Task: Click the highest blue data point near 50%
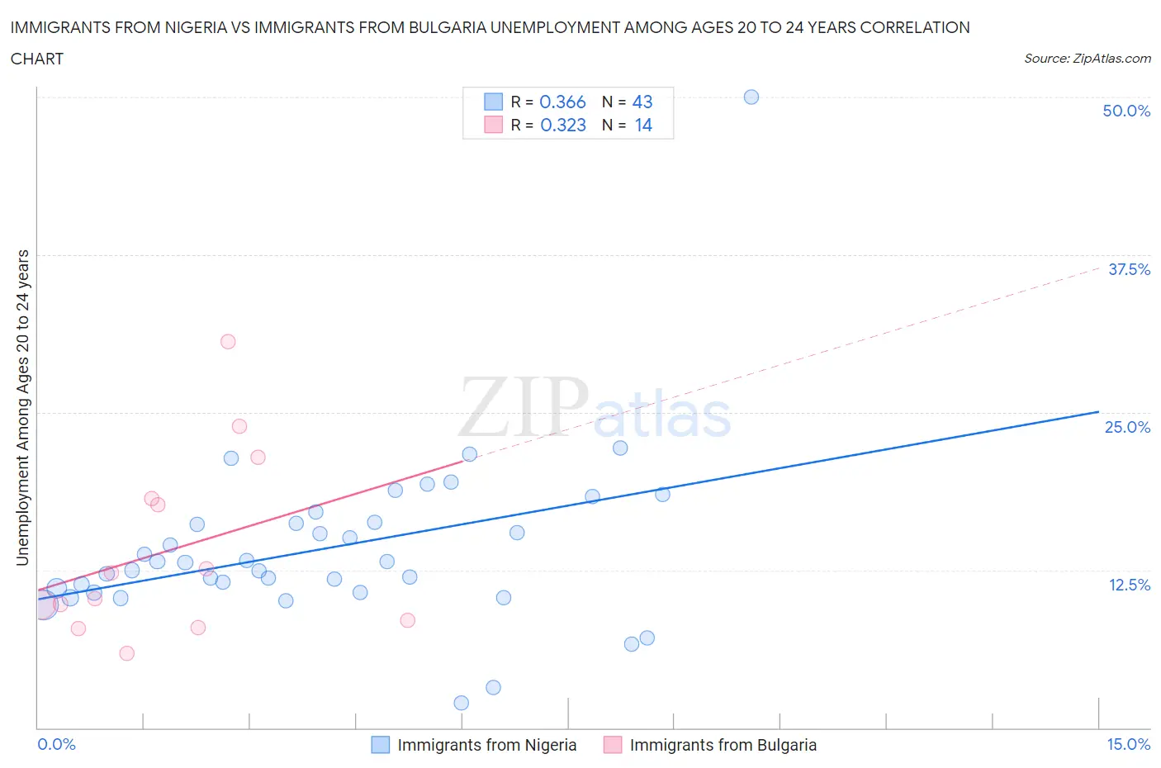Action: (x=751, y=97)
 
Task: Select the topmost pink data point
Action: (x=228, y=341)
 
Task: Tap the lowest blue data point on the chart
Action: (x=462, y=703)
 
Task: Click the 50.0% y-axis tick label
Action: (x=1126, y=111)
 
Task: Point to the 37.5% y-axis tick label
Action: (x=1129, y=269)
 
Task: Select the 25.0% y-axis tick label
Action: (x=1127, y=427)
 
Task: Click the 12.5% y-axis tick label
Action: (x=1129, y=585)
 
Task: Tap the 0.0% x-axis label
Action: (x=56, y=744)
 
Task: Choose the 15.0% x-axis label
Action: (x=1128, y=744)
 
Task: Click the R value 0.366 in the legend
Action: (x=562, y=102)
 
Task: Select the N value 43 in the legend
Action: (x=642, y=102)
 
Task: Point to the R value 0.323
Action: (x=563, y=125)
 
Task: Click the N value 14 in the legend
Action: (x=643, y=125)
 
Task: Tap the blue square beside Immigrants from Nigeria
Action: (x=380, y=745)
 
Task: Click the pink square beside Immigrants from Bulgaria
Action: (x=612, y=745)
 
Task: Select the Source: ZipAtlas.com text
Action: (x=1087, y=59)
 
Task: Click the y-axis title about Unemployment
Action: (x=22, y=408)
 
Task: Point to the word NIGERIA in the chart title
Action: (x=194, y=27)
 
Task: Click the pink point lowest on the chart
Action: (x=126, y=653)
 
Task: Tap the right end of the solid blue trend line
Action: (x=1098, y=411)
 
